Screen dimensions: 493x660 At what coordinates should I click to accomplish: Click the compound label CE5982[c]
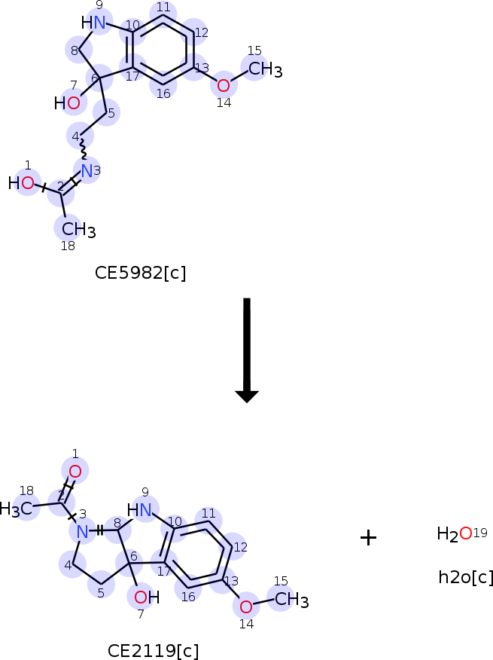pyautogui.click(x=140, y=273)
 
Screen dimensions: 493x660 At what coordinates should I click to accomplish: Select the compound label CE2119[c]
pyautogui.click(x=153, y=651)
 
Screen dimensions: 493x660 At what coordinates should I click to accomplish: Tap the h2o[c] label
pyautogui.click(x=465, y=576)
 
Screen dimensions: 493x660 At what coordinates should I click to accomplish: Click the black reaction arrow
pyautogui.click(x=247, y=350)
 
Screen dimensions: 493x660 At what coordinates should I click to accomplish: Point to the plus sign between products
pyautogui.click(x=368, y=538)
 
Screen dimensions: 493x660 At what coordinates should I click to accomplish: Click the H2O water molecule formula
pyautogui.click(x=455, y=533)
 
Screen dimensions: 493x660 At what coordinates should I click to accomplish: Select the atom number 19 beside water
pyautogui.click(x=480, y=533)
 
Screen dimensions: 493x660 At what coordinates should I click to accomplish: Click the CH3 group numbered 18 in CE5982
pyautogui.click(x=79, y=230)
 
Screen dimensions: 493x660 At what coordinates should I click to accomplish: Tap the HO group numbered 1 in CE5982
pyautogui.click(x=21, y=183)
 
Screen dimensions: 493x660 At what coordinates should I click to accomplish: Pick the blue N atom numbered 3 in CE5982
pyautogui.click(x=87, y=171)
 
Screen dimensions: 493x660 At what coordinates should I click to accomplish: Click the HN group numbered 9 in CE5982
pyautogui.click(x=93, y=23)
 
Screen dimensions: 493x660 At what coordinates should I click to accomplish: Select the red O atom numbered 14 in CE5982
pyautogui.click(x=224, y=85)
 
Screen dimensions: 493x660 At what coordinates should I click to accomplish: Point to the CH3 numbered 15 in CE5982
pyautogui.click(x=266, y=69)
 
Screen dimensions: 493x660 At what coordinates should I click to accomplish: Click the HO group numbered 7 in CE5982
pyautogui.click(x=67, y=103)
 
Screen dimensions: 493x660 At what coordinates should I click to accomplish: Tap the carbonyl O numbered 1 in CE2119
pyautogui.click(x=75, y=472)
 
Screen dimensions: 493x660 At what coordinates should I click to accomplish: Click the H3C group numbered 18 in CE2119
pyautogui.click(x=16, y=509)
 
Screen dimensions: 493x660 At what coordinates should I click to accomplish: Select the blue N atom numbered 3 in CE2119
pyautogui.click(x=83, y=532)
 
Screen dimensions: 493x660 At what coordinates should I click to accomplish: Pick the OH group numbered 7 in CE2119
pyautogui.click(x=147, y=597)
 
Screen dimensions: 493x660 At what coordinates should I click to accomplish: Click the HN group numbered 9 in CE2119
pyautogui.click(x=139, y=510)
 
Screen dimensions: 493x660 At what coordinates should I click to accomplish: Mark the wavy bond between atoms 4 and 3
pyautogui.click(x=84, y=150)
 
